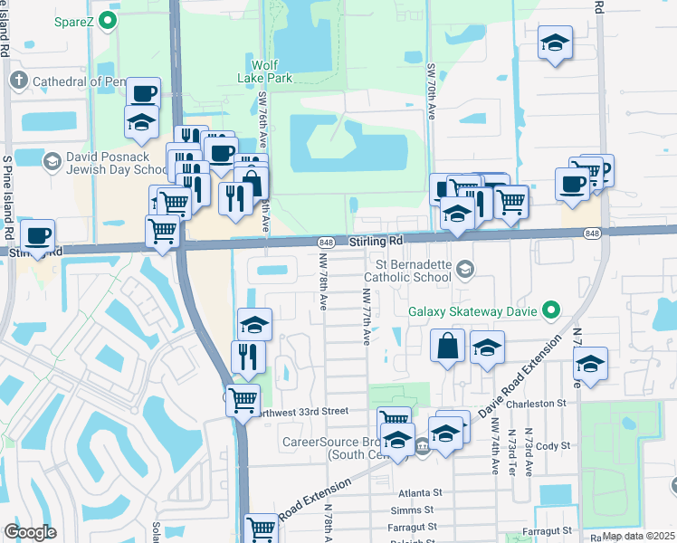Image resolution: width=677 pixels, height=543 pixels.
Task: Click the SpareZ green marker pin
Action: point(109,20)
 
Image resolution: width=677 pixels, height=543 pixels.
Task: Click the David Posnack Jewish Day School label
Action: point(105,163)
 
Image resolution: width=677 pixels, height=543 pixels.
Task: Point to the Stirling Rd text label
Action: point(376,243)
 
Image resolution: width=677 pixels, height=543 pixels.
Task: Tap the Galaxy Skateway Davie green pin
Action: point(549,312)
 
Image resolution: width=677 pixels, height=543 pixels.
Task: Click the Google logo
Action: point(30,532)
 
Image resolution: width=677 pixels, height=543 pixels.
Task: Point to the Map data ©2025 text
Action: point(637,536)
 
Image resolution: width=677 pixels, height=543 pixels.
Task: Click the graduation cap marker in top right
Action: point(555,43)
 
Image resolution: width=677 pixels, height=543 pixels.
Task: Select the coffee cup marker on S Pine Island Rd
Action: point(37,236)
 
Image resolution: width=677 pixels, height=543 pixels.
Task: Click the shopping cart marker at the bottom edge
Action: point(262,527)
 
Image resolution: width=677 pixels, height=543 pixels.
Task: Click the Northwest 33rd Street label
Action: point(301,410)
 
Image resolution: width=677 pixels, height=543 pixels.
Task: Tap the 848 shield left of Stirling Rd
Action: point(327,243)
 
